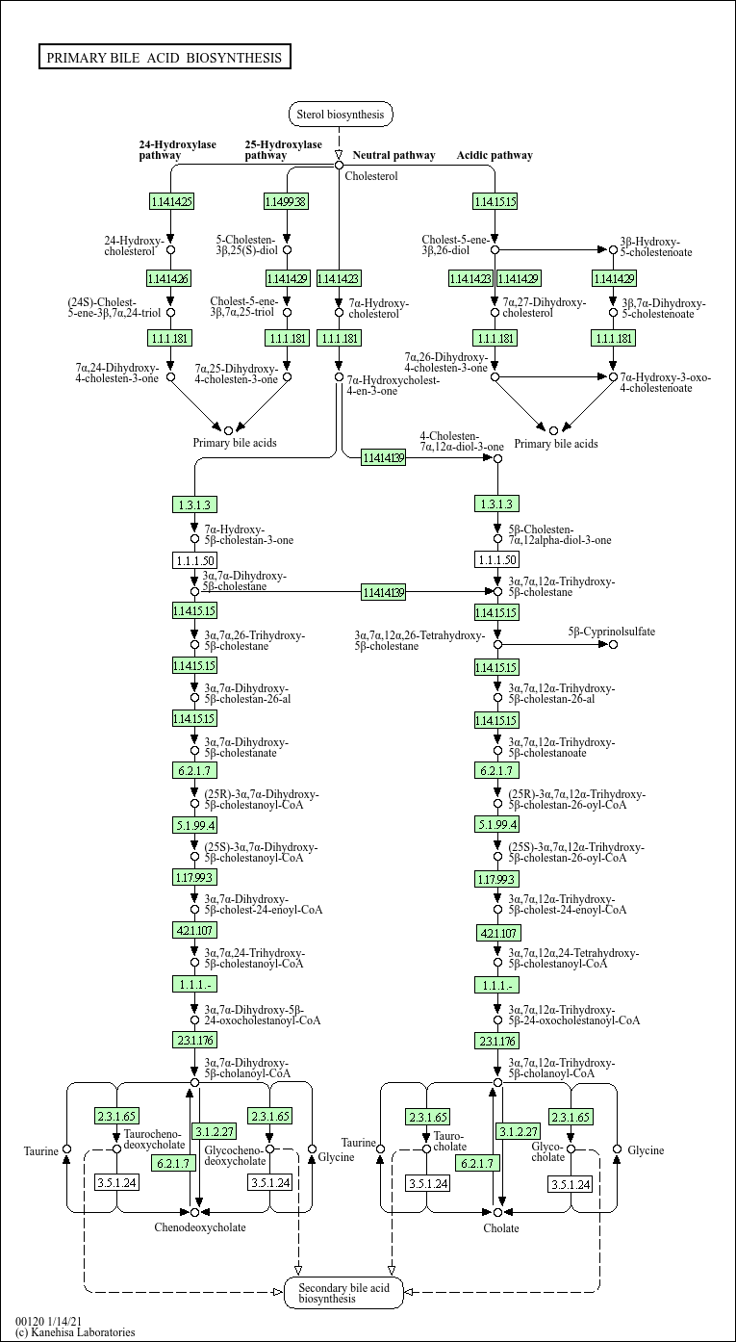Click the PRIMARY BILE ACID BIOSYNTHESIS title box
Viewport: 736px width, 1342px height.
[165, 58]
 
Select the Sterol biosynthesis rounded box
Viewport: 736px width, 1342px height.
[341, 115]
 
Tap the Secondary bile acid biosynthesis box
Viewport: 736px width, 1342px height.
[343, 1293]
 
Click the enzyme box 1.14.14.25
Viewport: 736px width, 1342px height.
[171, 201]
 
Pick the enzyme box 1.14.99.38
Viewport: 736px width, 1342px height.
[287, 201]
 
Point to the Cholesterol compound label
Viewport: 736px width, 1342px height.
[371, 176]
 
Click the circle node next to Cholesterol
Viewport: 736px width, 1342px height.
[339, 165]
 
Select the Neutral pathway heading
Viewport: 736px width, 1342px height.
[393, 155]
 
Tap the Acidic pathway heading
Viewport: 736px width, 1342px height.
[495, 155]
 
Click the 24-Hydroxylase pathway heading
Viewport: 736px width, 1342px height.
[177, 149]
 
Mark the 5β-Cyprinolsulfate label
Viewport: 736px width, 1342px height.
[612, 632]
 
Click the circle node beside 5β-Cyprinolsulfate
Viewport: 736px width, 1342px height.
[614, 644]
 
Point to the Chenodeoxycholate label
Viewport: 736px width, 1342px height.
[200, 1227]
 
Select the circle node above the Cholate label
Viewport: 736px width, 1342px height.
[498, 1212]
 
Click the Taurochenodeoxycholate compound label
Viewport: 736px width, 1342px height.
[154, 1141]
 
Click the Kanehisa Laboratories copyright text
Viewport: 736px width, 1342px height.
[75, 1332]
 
